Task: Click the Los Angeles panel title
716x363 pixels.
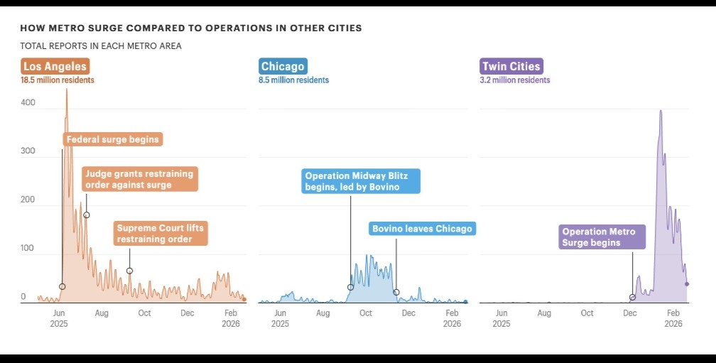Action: coord(55,67)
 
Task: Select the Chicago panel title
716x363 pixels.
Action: coord(283,67)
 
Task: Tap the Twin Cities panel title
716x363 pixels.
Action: coord(511,67)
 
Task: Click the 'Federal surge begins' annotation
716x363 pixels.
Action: coord(113,139)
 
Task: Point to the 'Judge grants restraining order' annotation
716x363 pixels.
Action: coord(139,179)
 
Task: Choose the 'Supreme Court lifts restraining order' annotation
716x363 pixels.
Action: coord(161,234)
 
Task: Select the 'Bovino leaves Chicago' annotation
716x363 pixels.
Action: coord(422,229)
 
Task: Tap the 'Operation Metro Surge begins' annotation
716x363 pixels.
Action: coord(601,237)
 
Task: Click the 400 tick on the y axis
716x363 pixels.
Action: coord(28,103)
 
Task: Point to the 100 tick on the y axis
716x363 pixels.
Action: coord(28,248)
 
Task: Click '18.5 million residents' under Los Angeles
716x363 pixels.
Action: coord(58,80)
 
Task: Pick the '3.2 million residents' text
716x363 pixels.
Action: coord(515,80)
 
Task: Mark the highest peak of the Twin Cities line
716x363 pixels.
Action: coord(661,111)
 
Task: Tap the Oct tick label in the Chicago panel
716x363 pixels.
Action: coord(366,313)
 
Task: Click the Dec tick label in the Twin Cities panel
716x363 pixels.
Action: coord(630,313)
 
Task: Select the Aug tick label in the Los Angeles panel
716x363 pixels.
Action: coord(102,313)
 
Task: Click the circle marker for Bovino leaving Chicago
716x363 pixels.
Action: coord(396,292)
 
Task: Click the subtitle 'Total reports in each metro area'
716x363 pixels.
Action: coord(101,46)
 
